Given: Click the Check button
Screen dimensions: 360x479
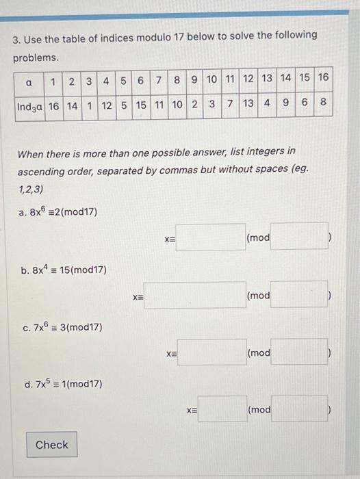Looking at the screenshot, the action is coord(52,445).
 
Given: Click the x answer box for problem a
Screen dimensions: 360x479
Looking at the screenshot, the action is coord(210,237).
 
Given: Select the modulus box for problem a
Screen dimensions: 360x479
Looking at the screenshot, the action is coord(298,237).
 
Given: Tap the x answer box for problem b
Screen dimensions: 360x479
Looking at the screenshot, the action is coord(194,296).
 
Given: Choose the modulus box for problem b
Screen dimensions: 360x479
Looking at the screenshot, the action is coord(298,296).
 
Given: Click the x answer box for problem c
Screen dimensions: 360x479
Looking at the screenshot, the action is coord(210,352).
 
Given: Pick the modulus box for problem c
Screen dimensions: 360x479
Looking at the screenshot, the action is coord(298,352).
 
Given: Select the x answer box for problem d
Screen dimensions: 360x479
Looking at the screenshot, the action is coord(222,409).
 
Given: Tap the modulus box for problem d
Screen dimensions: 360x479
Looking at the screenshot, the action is coord(298,409).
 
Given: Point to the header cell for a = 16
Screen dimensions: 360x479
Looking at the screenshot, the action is coord(323,77).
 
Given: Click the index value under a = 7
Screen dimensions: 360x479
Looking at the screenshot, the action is coord(159,105).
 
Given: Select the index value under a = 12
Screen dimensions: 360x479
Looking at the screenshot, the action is coord(248,105).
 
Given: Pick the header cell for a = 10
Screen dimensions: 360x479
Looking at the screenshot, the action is coord(211,77).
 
